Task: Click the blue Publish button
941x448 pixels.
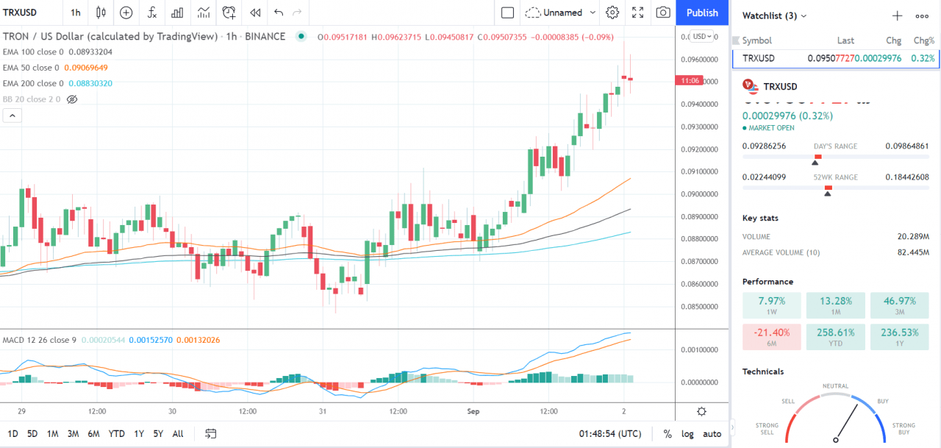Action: (702, 13)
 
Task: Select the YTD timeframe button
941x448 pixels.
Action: (116, 433)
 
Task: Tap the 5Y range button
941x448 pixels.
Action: (158, 433)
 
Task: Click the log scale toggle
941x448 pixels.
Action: (687, 433)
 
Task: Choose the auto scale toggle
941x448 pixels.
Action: (712, 433)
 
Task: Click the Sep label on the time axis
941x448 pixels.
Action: (473, 411)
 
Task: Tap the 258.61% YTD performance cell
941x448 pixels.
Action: (835, 338)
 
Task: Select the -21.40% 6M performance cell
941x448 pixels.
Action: (771, 338)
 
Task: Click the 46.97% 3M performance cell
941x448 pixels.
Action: (898, 306)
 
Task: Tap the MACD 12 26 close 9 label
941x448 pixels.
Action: (39, 340)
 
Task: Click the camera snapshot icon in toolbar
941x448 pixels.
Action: (662, 13)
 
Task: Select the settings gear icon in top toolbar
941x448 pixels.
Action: (612, 13)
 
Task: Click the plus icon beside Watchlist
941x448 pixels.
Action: (897, 15)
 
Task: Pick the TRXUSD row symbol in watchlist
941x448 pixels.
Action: (759, 58)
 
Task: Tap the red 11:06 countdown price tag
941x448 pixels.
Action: (690, 81)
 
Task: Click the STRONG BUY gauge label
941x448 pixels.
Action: (904, 429)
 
